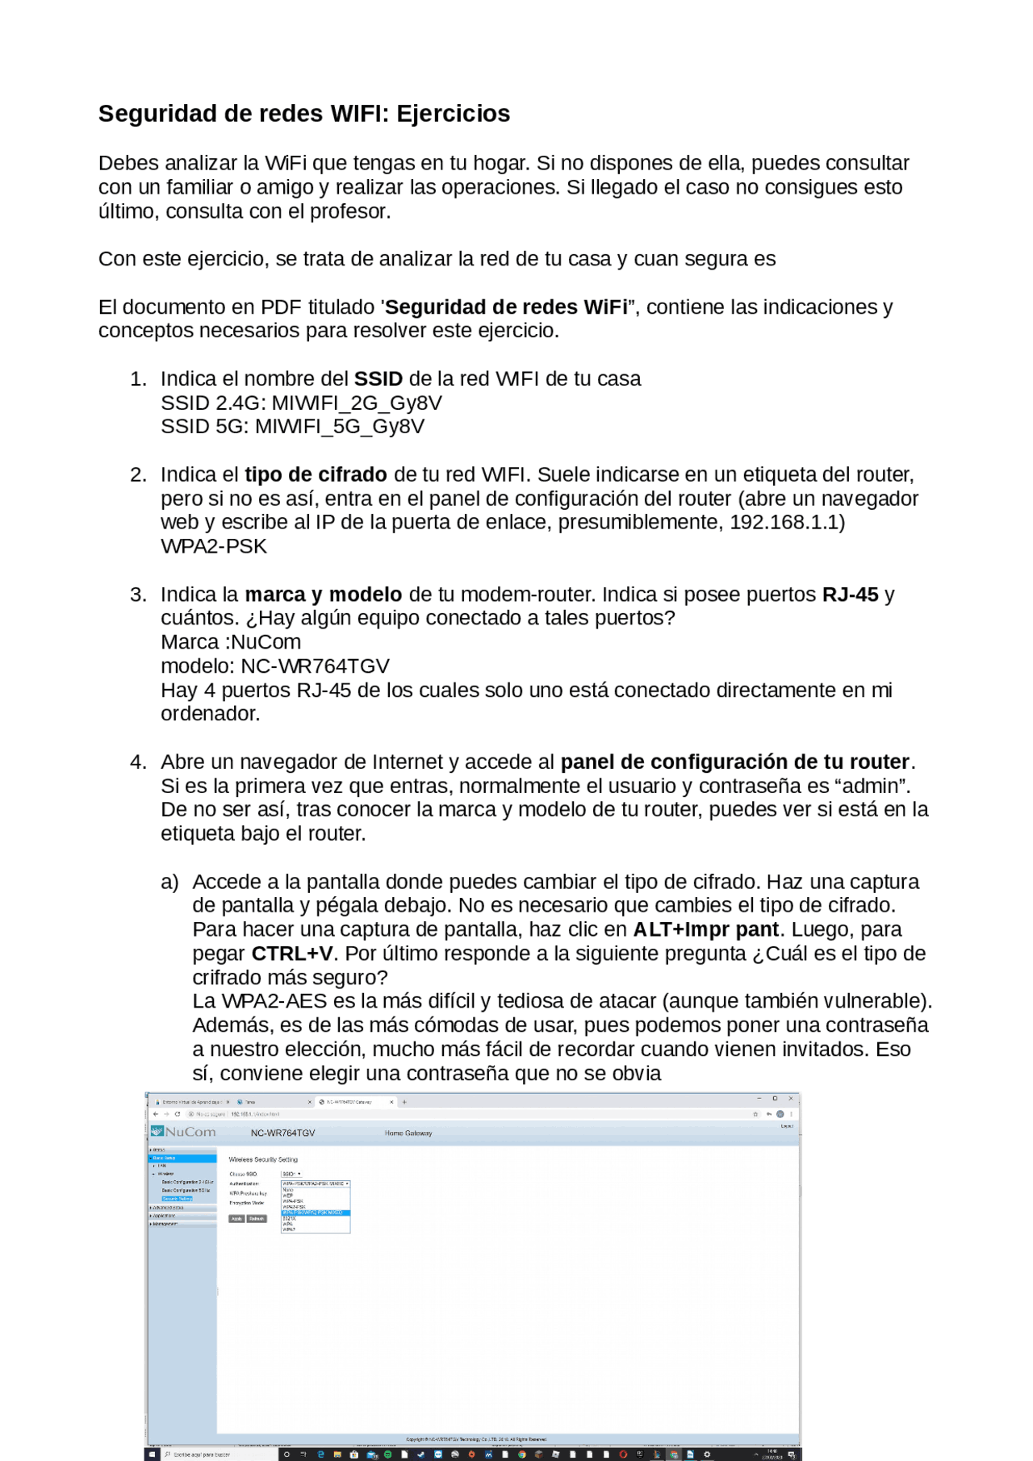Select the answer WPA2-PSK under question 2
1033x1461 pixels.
[x=214, y=546]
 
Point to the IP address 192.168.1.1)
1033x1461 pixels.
[x=787, y=522]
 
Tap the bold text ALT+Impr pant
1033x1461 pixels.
[x=705, y=929]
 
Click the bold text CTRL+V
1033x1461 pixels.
[x=292, y=954]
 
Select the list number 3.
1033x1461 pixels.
[x=138, y=595]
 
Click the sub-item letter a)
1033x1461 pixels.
[x=169, y=882]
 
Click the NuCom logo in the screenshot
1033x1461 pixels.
[x=184, y=1132]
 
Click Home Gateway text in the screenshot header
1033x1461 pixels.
[x=408, y=1133]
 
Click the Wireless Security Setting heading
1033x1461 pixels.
[x=263, y=1159]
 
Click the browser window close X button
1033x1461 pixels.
[x=791, y=1098]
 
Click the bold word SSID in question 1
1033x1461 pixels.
[x=378, y=379]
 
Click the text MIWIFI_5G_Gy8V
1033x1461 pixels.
[x=340, y=426]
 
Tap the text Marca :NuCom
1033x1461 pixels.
[x=231, y=642]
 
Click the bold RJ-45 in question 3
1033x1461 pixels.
[x=850, y=595]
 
